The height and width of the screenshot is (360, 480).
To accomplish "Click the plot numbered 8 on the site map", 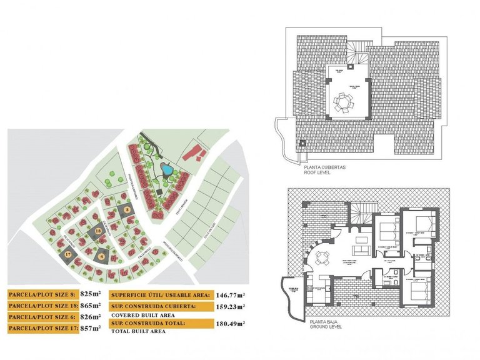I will point(126,211).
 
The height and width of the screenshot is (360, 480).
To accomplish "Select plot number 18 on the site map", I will point(99,232).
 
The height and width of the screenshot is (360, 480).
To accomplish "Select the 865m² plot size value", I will point(91,306).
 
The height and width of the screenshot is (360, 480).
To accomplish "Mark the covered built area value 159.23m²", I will point(230,306).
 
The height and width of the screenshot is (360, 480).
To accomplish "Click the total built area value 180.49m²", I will point(230,322).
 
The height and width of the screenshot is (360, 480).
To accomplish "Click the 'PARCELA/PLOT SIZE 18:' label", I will point(42,306).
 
